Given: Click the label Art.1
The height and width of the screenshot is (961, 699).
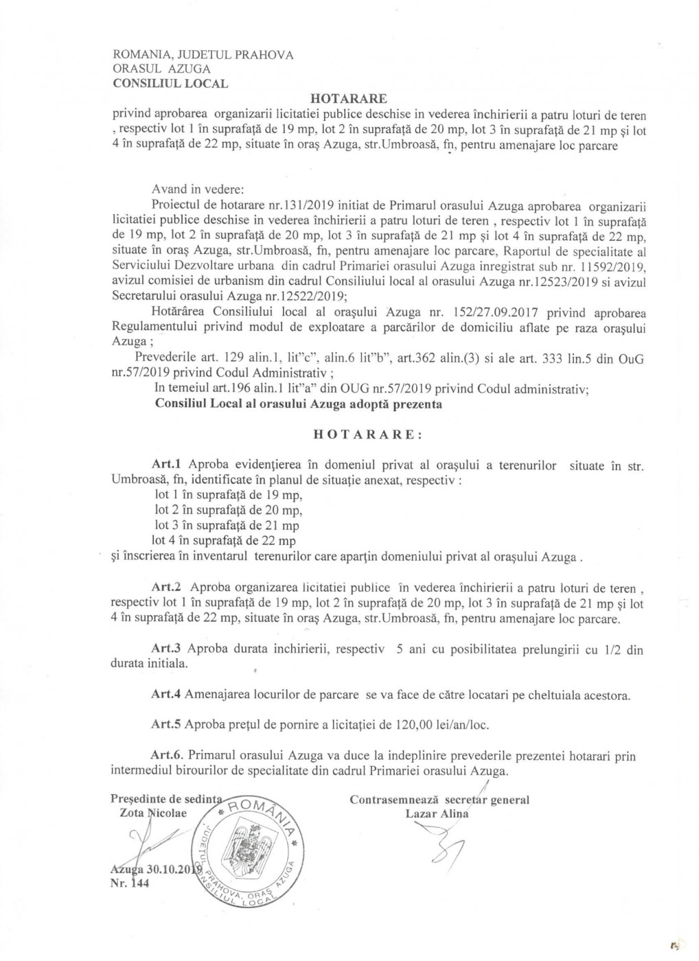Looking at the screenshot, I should coord(165,466).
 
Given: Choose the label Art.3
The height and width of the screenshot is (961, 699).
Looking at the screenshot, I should coord(165,649).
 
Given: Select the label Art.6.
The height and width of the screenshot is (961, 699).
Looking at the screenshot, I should coord(167,756).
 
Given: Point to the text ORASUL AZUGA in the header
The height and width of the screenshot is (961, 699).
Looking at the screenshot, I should coord(161,69).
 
